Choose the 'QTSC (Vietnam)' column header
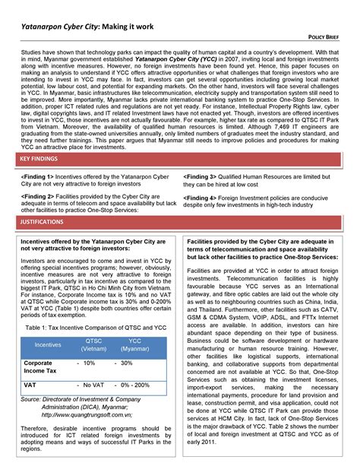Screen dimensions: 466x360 pos(93,344)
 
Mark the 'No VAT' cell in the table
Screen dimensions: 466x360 pos(93,385)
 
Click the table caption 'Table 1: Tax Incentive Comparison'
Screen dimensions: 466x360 pos(94,327)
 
